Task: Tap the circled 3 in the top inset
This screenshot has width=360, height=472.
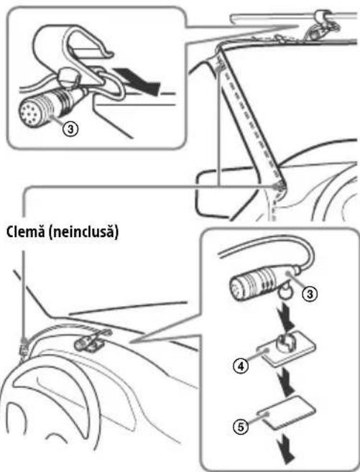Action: [x=70, y=129]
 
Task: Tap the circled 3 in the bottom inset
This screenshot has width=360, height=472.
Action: [x=310, y=293]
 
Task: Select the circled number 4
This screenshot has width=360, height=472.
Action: [x=241, y=366]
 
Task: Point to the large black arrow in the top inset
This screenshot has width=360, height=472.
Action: [x=137, y=80]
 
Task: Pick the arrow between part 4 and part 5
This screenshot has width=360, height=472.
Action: [x=287, y=381]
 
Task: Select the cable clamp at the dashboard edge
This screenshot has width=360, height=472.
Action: [x=24, y=347]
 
